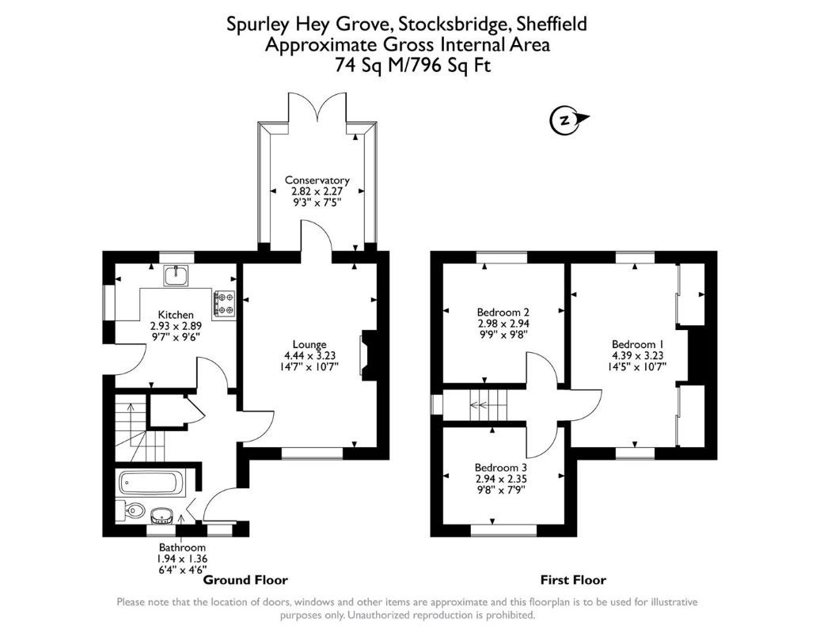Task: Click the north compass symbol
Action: tap(565, 120)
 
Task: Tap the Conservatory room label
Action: tap(317, 180)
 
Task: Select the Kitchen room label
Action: tap(176, 315)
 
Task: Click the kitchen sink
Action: tap(176, 276)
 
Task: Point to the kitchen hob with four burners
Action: tap(225, 303)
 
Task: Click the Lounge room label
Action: tap(309, 344)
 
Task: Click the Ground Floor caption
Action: tap(246, 580)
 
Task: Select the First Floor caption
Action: tap(573, 580)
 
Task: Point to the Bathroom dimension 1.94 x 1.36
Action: tap(182, 559)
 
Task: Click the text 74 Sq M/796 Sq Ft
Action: tap(408, 66)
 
